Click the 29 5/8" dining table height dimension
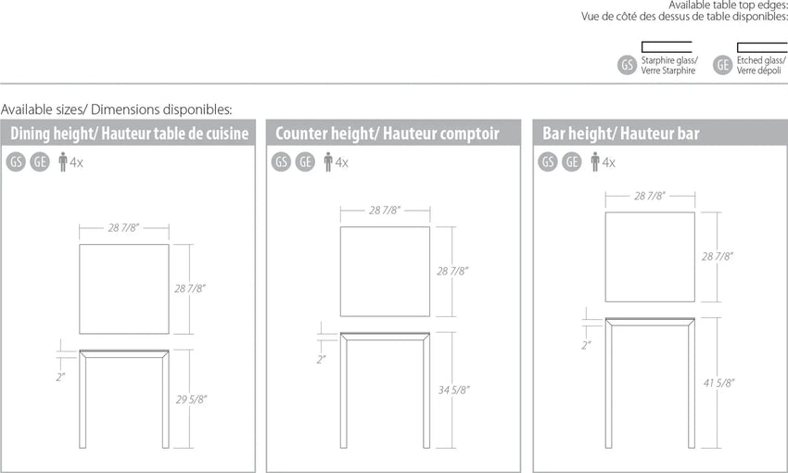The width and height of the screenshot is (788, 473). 191,400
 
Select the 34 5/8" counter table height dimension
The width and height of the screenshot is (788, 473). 454,390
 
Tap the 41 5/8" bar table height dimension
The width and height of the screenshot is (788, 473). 718,383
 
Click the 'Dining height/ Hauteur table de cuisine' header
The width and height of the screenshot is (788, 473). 129,134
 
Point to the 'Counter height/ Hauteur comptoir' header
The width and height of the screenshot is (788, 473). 387,134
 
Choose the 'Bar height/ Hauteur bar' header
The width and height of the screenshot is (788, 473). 620,134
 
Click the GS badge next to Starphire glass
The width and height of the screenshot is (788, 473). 628,65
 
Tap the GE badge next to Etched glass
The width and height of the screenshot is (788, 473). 723,65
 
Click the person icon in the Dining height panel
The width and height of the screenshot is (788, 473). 63,162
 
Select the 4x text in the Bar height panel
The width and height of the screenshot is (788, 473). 608,162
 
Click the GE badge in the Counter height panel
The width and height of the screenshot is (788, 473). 305,162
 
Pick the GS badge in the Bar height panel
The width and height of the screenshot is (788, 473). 548,162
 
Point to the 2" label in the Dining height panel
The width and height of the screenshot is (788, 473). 60,377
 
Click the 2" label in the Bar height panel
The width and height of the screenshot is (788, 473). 586,345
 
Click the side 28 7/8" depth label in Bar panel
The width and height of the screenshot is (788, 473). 718,256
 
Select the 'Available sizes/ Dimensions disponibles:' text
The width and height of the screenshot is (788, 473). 117,109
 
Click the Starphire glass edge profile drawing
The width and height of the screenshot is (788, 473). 667,46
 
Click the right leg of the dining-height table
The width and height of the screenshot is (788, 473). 165,400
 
